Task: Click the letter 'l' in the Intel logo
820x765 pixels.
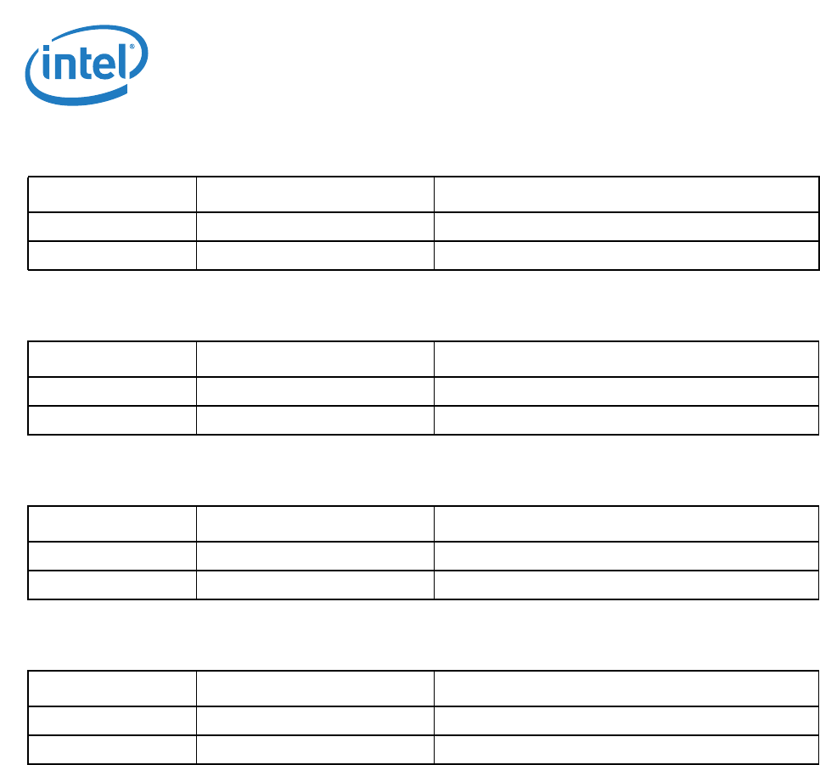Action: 125,63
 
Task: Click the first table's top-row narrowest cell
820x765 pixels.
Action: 112,194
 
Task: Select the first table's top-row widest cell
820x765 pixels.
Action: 626,194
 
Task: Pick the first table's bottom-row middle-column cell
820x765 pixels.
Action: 315,256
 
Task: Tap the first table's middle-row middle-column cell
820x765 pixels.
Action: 315,227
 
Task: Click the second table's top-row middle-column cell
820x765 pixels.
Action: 315,359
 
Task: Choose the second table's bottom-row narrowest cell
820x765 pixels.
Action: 112,420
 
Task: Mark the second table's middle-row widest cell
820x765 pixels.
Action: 626,391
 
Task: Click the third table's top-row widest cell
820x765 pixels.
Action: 626,524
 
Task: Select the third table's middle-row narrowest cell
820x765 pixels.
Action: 112,556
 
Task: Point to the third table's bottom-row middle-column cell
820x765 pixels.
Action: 315,585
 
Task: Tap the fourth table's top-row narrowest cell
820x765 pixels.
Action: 112,689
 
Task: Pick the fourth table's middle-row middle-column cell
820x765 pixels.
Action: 315,721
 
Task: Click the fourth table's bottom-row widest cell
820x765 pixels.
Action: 626,750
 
